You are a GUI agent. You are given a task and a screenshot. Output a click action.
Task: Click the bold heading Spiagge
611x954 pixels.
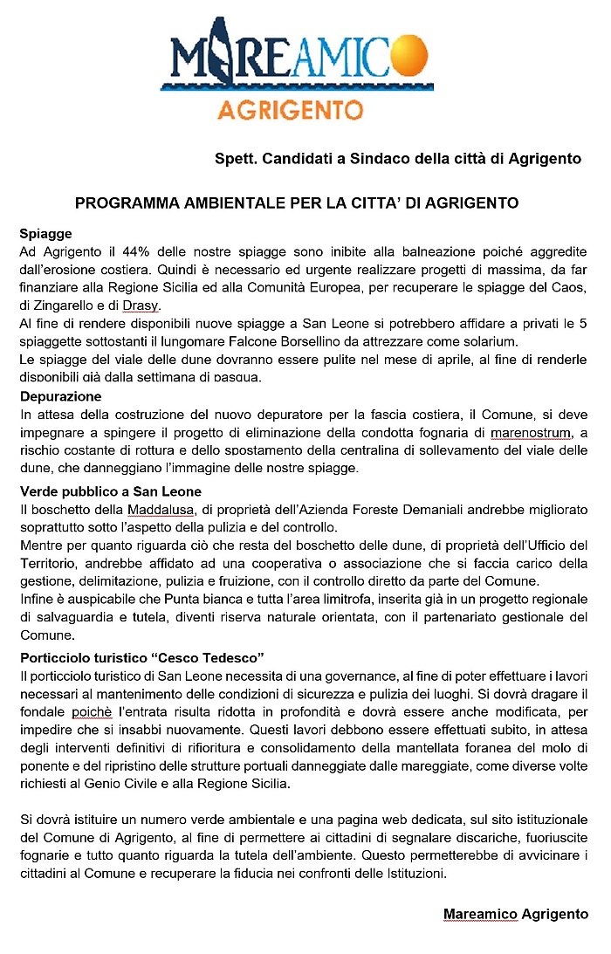(45, 234)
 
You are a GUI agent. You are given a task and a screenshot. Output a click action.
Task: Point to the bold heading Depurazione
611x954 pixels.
(60, 396)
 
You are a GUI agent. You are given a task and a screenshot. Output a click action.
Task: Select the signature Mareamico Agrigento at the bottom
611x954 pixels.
(516, 914)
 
